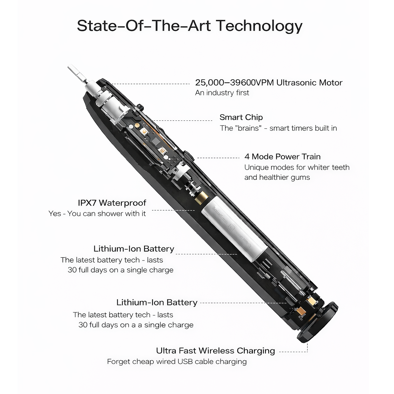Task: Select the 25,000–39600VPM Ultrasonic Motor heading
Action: pyautogui.click(x=269, y=83)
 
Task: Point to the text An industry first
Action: pyautogui.click(x=222, y=93)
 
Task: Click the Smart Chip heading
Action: pyautogui.click(x=241, y=117)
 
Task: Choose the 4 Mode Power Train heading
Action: pyautogui.click(x=282, y=157)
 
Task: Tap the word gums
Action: pyautogui.click(x=300, y=178)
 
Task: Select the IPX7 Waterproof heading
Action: pyautogui.click(x=112, y=203)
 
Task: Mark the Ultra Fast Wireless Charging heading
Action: pyautogui.click(x=215, y=351)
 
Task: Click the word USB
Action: pyautogui.click(x=186, y=361)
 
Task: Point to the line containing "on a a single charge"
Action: pyautogui.click(x=136, y=325)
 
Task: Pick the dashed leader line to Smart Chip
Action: pyautogui.click(x=182, y=120)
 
